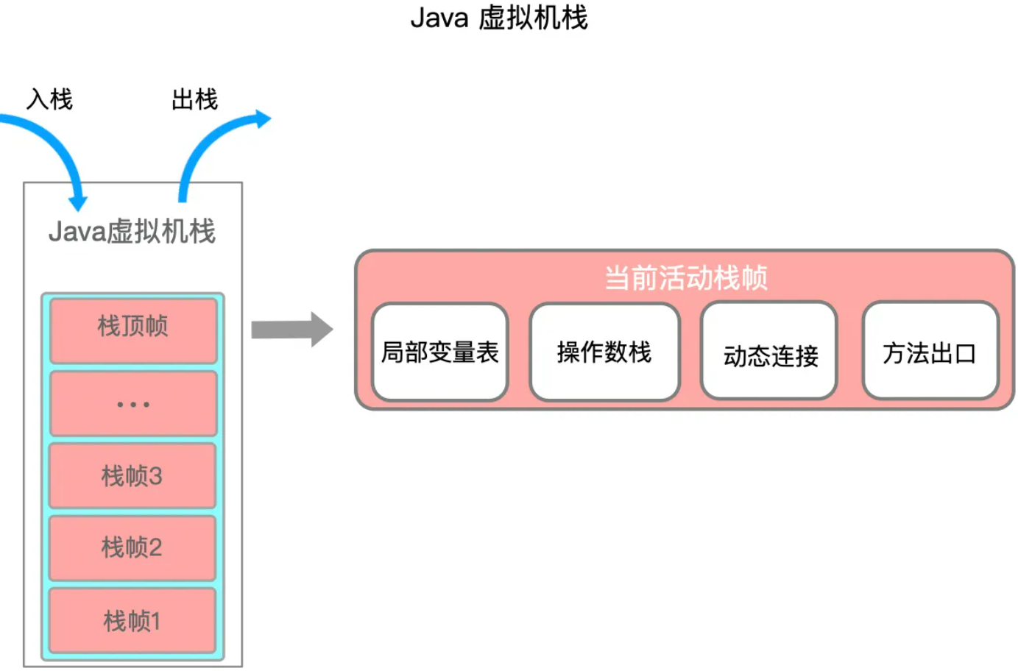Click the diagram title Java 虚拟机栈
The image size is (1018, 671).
(x=498, y=18)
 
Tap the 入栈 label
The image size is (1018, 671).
(x=49, y=99)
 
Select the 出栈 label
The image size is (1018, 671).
(x=194, y=99)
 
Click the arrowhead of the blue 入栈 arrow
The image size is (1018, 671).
(x=77, y=202)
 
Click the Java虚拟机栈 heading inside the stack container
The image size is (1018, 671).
(x=132, y=232)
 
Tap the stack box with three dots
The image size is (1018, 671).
(x=133, y=404)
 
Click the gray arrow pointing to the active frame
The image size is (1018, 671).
(x=291, y=330)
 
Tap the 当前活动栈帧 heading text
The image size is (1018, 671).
(x=685, y=278)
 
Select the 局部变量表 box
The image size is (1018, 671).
(x=439, y=352)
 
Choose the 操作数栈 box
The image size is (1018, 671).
(x=604, y=352)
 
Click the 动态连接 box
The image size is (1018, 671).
(x=770, y=354)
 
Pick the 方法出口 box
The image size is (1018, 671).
(x=930, y=352)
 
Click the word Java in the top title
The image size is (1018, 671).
(x=439, y=18)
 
